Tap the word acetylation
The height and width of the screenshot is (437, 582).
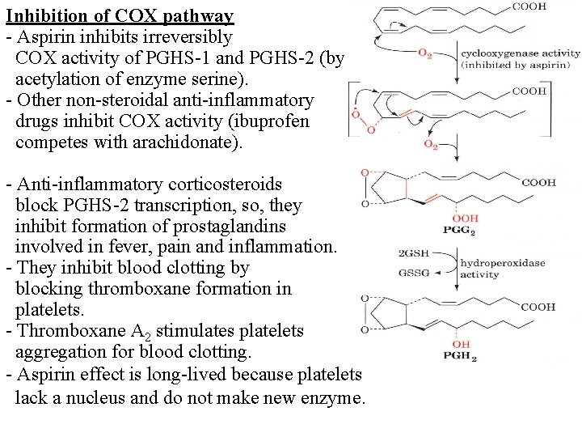click(x=57, y=79)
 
